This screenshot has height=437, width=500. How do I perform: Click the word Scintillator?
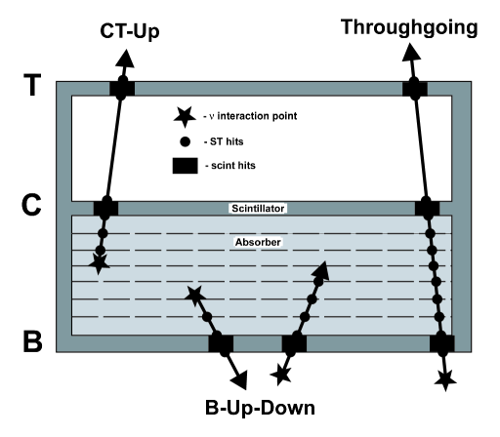(260, 208)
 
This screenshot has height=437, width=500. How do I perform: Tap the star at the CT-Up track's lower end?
(98, 262)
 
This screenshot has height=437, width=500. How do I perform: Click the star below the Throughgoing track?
(447, 377)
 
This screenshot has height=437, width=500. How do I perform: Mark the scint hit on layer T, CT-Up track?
(121, 89)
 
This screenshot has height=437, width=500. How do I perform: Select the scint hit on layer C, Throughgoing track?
(428, 208)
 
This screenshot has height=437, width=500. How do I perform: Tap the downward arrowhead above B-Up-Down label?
(237, 377)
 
